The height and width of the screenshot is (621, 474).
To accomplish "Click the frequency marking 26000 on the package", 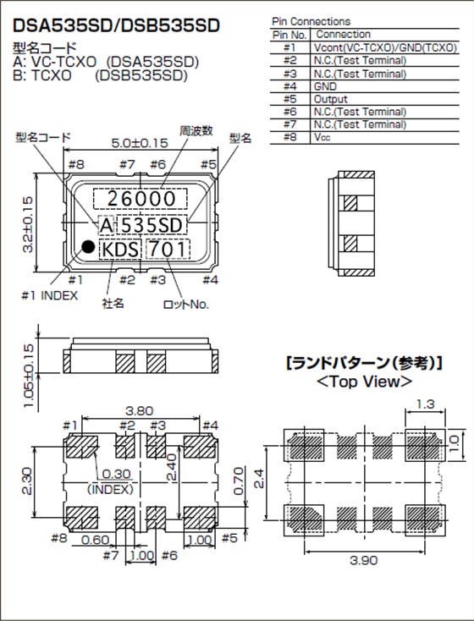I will click(x=140, y=199).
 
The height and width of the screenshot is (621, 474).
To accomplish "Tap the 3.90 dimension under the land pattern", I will click(x=360, y=560).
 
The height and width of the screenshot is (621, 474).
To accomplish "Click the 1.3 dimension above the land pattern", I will click(x=426, y=406).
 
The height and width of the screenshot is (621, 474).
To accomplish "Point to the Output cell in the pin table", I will click(x=330, y=99).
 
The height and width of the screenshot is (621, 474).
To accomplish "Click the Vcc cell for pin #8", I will click(x=322, y=137).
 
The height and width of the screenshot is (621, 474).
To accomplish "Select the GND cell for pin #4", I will click(x=325, y=86).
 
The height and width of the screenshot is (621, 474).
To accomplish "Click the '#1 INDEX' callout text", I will click(x=49, y=295).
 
